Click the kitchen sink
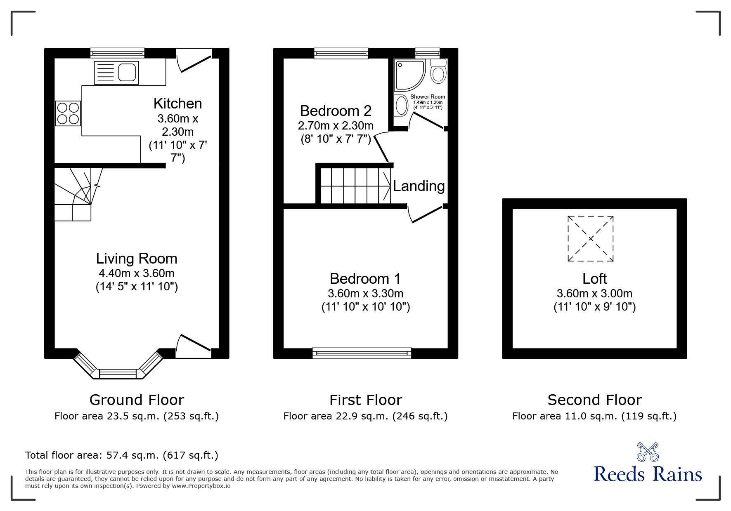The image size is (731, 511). [x=116, y=73]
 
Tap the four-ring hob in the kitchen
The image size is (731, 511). [x=68, y=113]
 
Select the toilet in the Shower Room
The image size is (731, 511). [x=438, y=71]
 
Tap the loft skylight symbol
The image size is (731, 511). [x=590, y=238]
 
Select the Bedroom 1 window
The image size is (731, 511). [x=362, y=352]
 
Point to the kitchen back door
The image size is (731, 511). [x=194, y=61]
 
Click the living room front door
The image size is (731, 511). [x=194, y=346]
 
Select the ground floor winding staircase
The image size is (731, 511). [x=78, y=194]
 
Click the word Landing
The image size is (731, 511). [x=419, y=186]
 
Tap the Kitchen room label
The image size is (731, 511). [x=177, y=103]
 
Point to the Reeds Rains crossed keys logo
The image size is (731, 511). [x=648, y=452]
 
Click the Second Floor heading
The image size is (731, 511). [x=594, y=400]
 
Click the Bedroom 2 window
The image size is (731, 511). [x=341, y=53]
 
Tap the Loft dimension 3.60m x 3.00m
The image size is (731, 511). [x=594, y=294]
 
